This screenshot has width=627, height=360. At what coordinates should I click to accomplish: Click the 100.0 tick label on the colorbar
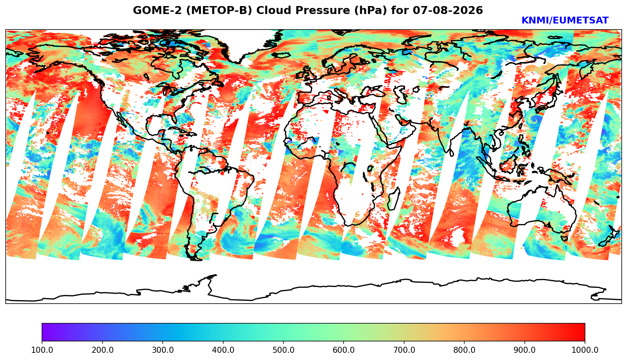click(42, 350)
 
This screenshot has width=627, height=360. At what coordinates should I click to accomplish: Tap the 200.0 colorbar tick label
click(103, 350)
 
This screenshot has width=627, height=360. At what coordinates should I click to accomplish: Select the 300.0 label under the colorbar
click(163, 350)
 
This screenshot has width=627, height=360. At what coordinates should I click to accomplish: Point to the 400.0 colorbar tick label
click(223, 350)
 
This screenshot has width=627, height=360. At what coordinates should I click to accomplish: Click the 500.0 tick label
click(283, 350)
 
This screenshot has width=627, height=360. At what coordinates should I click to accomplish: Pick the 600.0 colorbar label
click(344, 350)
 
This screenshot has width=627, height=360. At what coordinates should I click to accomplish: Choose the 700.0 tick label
click(404, 350)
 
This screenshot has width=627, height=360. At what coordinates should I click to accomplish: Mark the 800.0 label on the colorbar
click(464, 350)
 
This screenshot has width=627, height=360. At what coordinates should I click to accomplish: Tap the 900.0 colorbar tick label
click(524, 350)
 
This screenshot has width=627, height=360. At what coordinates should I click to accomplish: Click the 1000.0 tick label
click(585, 350)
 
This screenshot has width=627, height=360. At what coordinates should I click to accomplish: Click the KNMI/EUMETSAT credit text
click(565, 20)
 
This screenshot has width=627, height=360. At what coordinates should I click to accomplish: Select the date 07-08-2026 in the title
click(448, 10)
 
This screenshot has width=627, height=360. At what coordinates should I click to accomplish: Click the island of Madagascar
click(394, 199)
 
